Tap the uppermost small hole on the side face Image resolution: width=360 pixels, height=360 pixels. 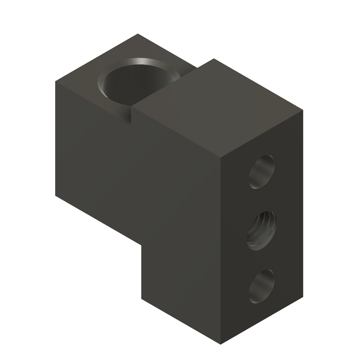[x=262, y=173]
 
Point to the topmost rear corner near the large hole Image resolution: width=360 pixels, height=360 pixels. [x=138, y=34]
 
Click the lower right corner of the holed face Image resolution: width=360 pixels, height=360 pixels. [x=303, y=298]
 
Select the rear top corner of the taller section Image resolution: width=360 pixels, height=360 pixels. [x=213, y=59]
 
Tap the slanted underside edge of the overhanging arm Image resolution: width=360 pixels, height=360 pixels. [x=98, y=220]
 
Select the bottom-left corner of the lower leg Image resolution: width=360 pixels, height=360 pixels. [x=141, y=299]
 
